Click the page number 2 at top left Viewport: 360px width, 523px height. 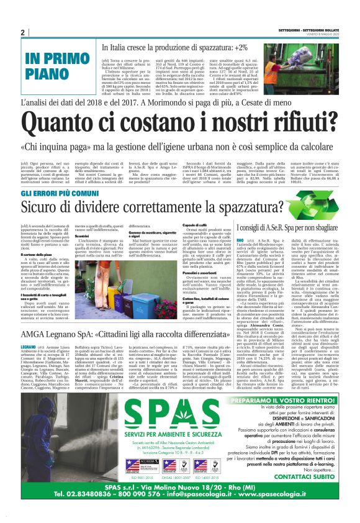click(x=23, y=33)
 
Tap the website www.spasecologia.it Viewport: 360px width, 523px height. click(x=272, y=511)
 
